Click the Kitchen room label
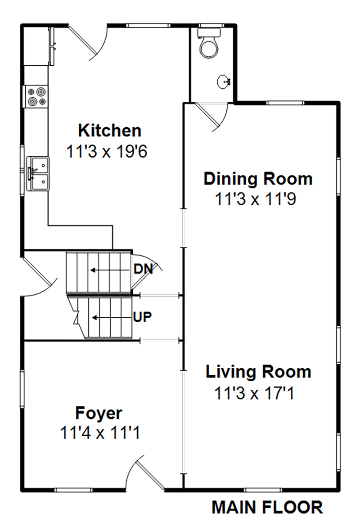point(109,131)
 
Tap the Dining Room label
point(258,179)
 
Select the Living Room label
point(258,372)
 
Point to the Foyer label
point(99,413)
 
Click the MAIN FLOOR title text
point(267,507)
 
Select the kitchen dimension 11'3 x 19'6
point(107,152)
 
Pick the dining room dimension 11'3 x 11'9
point(255,199)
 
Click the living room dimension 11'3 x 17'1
point(254,394)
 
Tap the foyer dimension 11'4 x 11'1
point(100,433)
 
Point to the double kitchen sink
point(38,174)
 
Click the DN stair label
point(143,270)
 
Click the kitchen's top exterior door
point(88,43)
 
